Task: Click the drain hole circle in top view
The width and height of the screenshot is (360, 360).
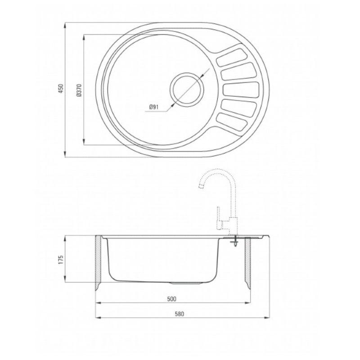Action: tap(187, 89)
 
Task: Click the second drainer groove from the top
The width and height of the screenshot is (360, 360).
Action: tap(238, 72)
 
